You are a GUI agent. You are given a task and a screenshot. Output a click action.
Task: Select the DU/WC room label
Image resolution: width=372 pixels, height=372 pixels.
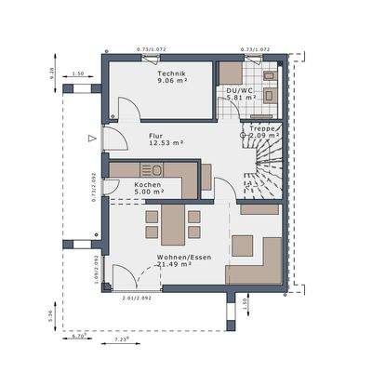pos(237,90)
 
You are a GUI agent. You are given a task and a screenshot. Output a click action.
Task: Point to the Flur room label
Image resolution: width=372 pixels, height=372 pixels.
pos(155,135)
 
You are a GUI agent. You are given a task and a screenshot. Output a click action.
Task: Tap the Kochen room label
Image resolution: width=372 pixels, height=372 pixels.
pos(148,185)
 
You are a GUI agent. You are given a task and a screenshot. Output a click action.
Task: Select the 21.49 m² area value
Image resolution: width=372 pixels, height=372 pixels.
pos(172,264)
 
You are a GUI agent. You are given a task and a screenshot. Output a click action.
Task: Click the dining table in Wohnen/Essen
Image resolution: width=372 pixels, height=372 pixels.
pos(170,223)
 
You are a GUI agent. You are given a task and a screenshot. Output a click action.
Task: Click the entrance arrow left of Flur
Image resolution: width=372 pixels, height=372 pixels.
pos(90,139)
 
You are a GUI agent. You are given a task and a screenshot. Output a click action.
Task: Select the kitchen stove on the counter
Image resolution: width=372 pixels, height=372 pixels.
pos(153,169)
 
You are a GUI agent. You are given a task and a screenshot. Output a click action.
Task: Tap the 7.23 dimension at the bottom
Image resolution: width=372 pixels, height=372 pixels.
pos(122,339)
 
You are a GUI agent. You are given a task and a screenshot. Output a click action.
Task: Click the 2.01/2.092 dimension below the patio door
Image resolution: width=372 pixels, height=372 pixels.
pos(136,298)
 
